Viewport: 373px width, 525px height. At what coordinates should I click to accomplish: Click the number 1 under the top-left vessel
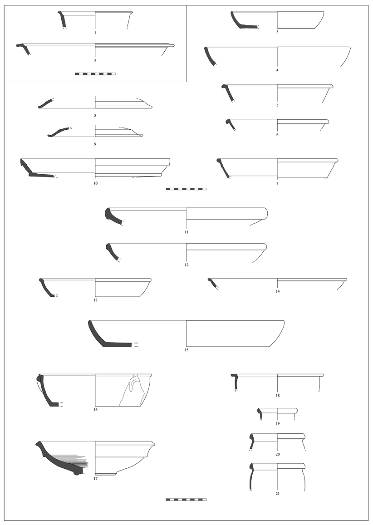[95, 33]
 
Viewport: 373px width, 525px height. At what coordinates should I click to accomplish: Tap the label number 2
[95, 61]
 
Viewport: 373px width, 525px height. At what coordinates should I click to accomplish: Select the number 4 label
[278, 70]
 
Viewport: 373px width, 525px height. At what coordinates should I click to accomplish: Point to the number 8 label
[95, 116]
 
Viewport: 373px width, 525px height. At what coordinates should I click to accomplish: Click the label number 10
[95, 183]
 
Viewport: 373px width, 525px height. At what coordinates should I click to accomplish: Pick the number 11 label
[186, 232]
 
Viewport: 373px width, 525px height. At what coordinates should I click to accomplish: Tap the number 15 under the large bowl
[186, 350]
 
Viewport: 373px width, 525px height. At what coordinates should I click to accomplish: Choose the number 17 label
[95, 479]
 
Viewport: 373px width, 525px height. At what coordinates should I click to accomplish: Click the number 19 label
[278, 423]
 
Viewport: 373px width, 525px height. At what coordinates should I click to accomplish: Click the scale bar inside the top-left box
[95, 74]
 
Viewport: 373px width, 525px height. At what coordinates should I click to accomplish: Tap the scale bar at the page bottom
[186, 500]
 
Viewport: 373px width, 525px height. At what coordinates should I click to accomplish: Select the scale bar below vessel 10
[186, 189]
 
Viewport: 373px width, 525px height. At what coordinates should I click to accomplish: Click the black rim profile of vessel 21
[251, 476]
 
